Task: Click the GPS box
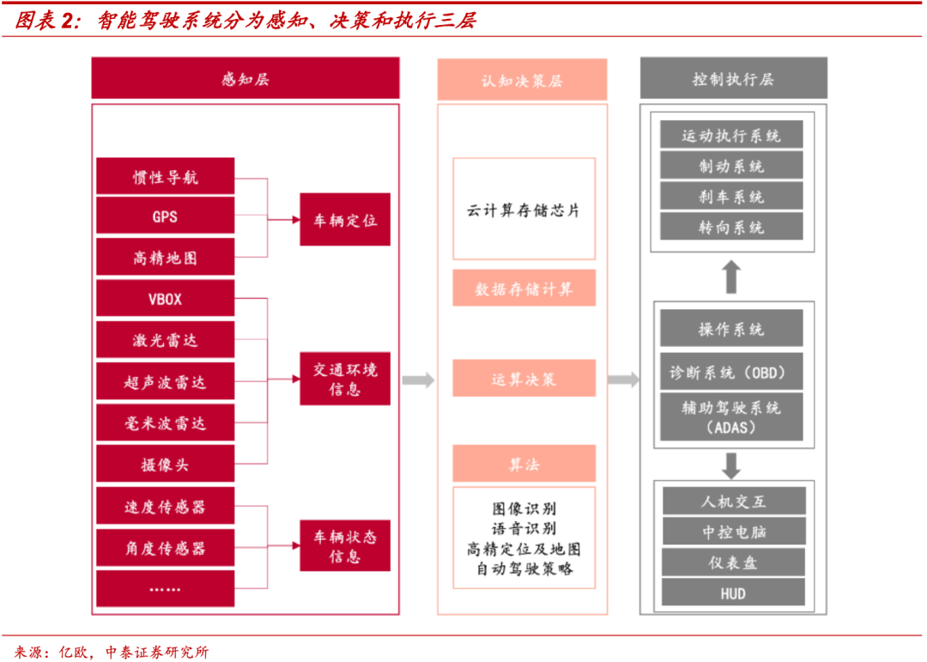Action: coord(165,216)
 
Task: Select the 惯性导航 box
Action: coord(165,176)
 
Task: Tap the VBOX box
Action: coord(165,300)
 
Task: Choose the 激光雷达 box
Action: coord(165,341)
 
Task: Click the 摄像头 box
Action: coord(165,465)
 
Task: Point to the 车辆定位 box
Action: coord(345,221)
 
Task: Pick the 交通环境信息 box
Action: coord(345,379)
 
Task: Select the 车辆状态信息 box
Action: coord(345,546)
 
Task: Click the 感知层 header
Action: coord(245,79)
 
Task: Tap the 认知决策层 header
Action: coord(522,80)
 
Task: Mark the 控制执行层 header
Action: coord(733,79)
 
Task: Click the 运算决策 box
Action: coord(524,379)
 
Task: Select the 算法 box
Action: coord(524,464)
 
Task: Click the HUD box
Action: coord(733,593)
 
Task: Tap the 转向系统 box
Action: coord(731,228)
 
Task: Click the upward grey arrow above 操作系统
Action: coord(731,277)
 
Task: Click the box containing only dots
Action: coord(165,589)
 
